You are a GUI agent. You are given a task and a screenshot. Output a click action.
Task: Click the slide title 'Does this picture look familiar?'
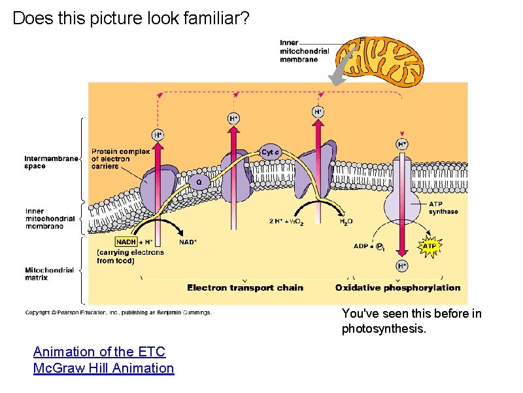tap(131, 18)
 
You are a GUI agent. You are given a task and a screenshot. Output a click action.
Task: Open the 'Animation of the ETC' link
tap(99, 352)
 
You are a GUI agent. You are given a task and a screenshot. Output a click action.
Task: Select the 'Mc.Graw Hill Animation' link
tap(103, 368)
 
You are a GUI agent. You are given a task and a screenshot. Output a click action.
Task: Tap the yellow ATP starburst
tap(429, 246)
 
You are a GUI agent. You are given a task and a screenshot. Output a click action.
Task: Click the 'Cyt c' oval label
tap(271, 152)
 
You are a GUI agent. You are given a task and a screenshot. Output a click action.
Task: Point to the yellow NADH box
tap(126, 242)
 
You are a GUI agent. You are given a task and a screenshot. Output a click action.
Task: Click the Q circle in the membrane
tap(199, 181)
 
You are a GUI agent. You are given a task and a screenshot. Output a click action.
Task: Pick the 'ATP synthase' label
tap(443, 208)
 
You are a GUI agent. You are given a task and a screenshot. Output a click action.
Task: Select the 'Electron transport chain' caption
tap(245, 288)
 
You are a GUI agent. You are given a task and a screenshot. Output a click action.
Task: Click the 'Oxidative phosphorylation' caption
tap(397, 288)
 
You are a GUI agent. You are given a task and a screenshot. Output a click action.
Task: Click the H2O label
tap(346, 221)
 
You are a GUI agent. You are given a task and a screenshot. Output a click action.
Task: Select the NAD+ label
tap(188, 242)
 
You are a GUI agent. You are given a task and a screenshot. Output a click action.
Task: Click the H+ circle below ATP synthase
tap(402, 265)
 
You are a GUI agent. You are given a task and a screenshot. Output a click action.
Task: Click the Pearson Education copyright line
tap(118, 313)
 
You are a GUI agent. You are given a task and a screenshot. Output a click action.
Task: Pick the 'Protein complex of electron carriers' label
tap(114, 158)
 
